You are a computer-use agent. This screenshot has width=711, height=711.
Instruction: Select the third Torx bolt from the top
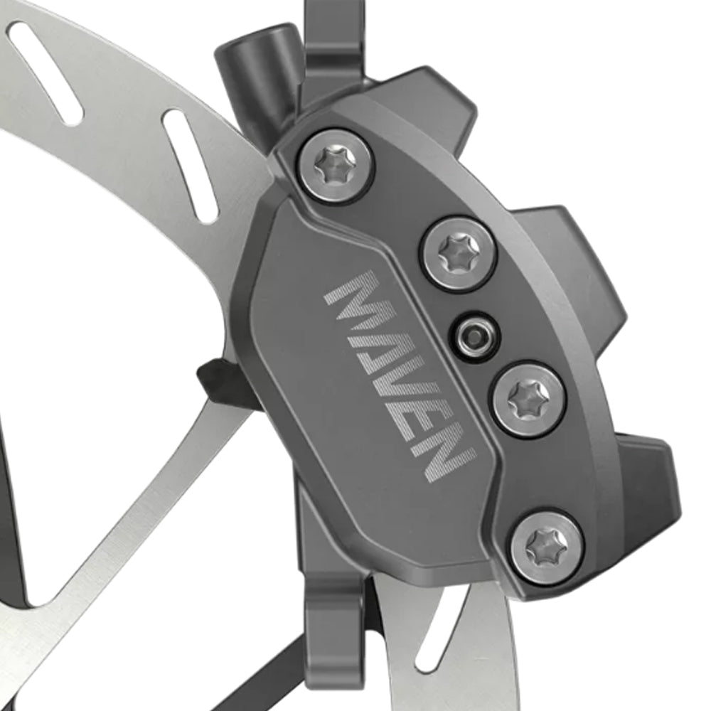529,398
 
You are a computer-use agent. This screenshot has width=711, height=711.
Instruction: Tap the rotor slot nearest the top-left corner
46,71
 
